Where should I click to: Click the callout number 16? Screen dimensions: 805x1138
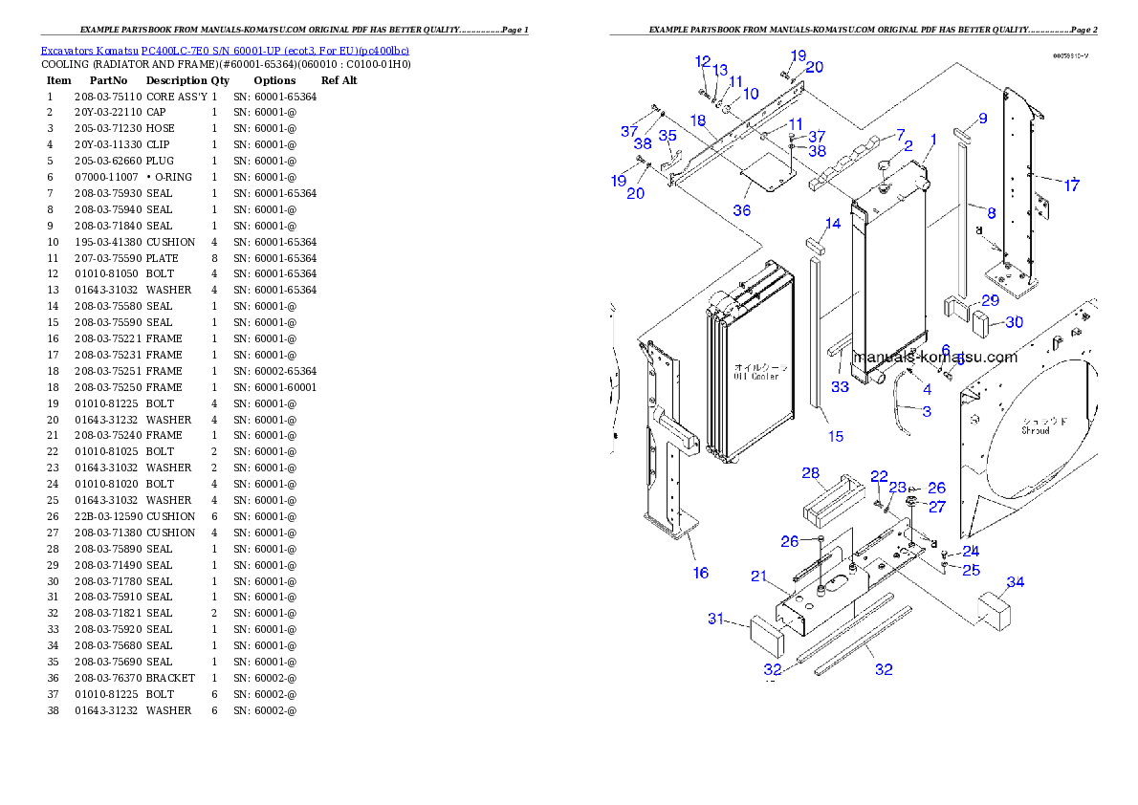(701, 573)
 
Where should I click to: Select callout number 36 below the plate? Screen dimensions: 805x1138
(742, 210)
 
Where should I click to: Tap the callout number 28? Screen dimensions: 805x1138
(811, 473)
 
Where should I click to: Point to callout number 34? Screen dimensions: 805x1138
(1016, 581)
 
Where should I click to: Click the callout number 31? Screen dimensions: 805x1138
(716, 619)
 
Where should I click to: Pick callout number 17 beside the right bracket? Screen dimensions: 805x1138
(1072, 185)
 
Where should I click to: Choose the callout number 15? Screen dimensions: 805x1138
(836, 436)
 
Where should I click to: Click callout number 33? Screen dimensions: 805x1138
(840, 387)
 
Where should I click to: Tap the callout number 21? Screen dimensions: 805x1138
(759, 576)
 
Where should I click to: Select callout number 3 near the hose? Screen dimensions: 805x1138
(927, 411)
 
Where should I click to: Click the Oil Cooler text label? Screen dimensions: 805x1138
(755, 372)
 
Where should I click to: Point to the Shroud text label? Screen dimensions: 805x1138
(1035, 425)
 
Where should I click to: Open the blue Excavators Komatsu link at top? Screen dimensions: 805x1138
(225, 51)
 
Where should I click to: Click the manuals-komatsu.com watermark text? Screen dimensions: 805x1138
(934, 357)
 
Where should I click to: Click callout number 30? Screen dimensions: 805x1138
(1014, 322)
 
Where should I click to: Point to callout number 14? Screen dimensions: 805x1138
(833, 224)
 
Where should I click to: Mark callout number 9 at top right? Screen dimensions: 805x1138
(982, 119)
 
